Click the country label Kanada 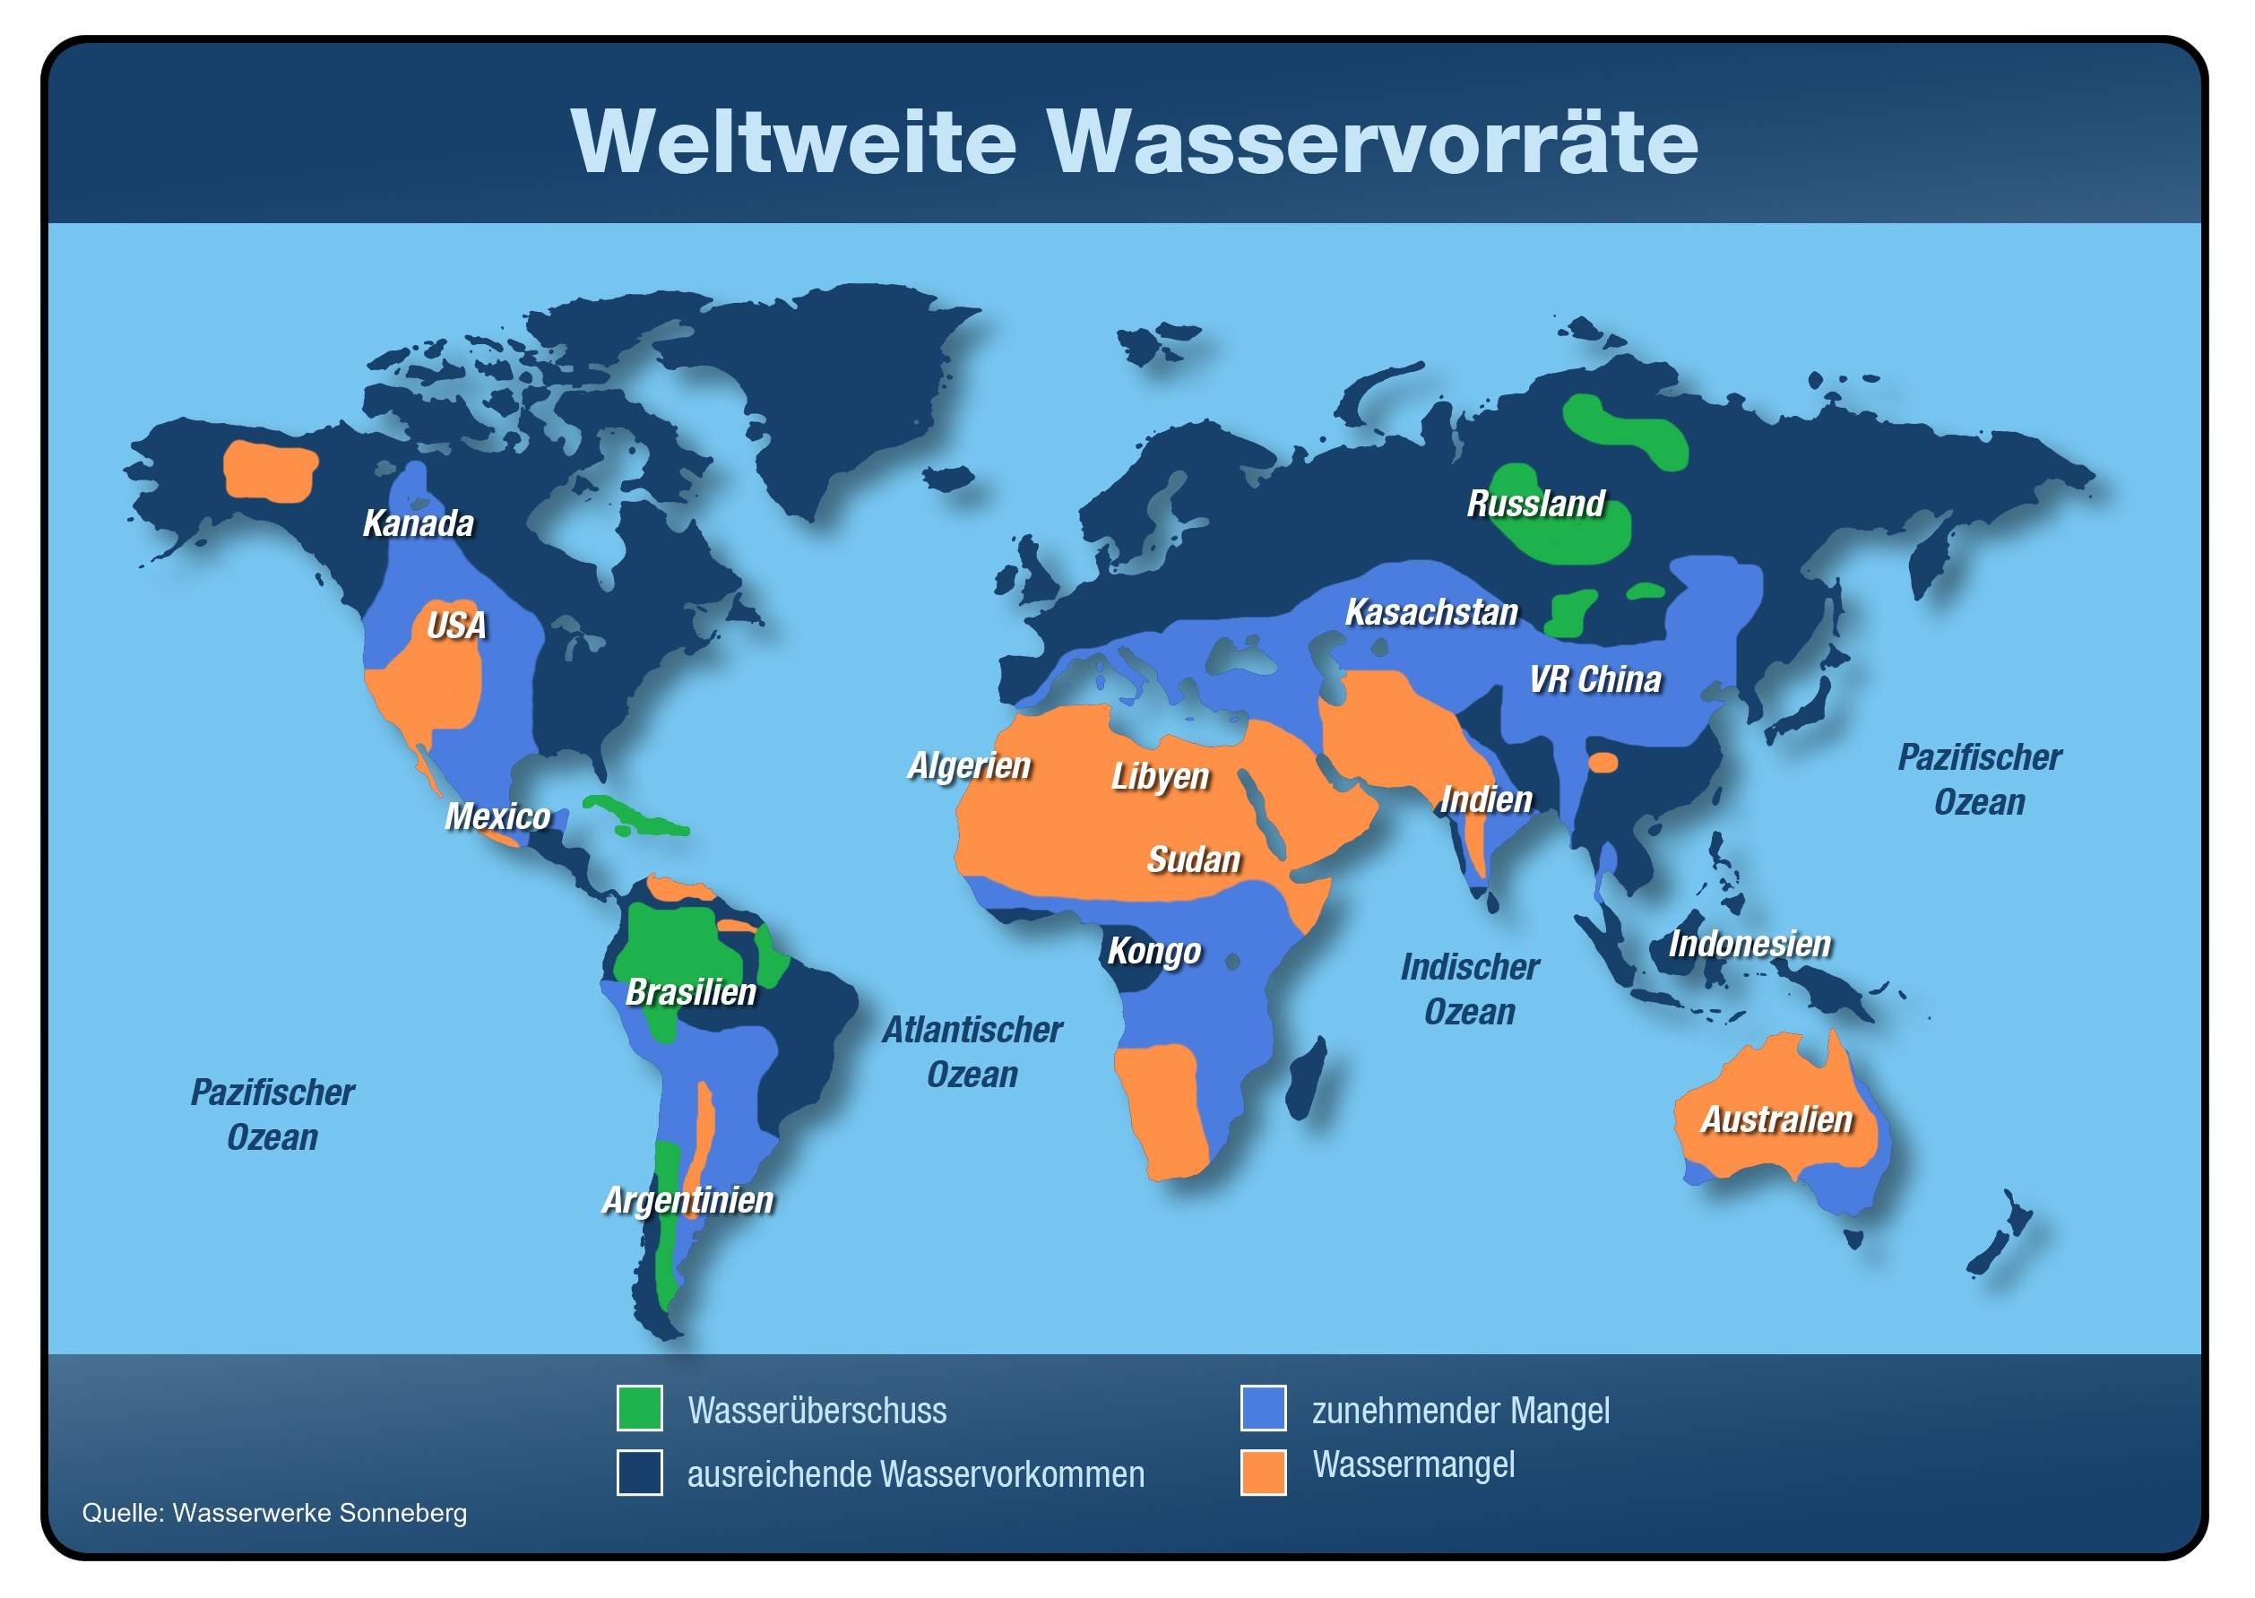[419, 523]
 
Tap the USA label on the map [456, 626]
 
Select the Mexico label [497, 816]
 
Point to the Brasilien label [691, 992]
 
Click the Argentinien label [687, 1200]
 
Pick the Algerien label [969, 765]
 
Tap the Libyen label [1160, 776]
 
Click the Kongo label [1154, 951]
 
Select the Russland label [1536, 504]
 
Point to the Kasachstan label [1431, 612]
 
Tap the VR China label [1594, 680]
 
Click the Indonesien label [1750, 945]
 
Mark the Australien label [1777, 1119]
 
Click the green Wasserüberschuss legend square [640, 1408]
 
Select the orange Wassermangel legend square [1263, 1472]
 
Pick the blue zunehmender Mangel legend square [1263, 1408]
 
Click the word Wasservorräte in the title [1372, 143]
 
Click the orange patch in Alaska [271, 471]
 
